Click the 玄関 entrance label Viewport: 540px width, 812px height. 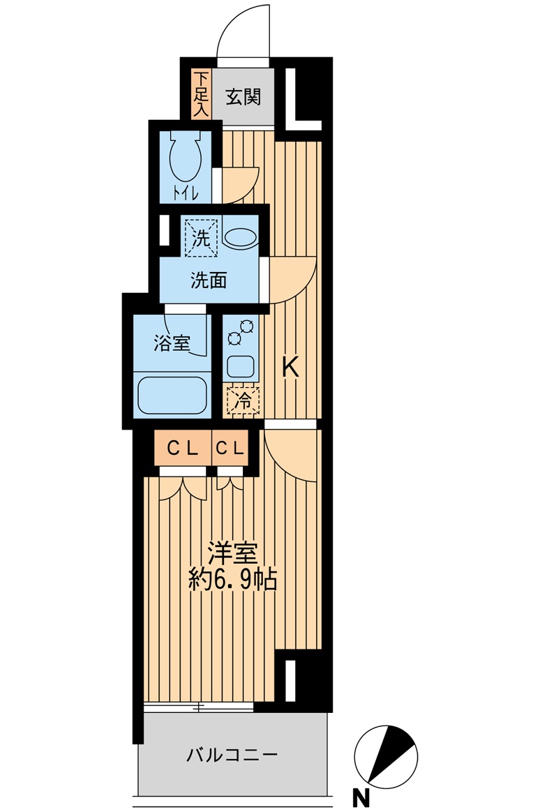pyautogui.click(x=243, y=97)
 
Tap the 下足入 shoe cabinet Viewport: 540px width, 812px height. pyautogui.click(x=201, y=93)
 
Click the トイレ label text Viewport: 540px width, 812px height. pyautogui.click(x=186, y=194)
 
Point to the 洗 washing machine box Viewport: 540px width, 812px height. pyautogui.click(x=201, y=238)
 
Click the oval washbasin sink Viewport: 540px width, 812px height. pyautogui.click(x=240, y=239)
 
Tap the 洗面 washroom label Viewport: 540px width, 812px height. pyautogui.click(x=209, y=280)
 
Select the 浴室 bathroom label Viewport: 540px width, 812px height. pyautogui.click(x=172, y=343)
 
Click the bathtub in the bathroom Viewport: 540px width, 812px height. pyautogui.click(x=172, y=395)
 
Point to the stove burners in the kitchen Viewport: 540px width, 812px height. pyautogui.click(x=240, y=332)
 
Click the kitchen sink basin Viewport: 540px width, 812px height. pyautogui.click(x=240, y=367)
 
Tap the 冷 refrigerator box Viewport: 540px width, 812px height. pyautogui.click(x=243, y=400)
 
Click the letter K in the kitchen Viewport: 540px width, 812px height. pyautogui.click(x=290, y=368)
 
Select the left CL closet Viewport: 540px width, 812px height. pyautogui.click(x=183, y=447)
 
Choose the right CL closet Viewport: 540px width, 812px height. pyautogui.click(x=230, y=447)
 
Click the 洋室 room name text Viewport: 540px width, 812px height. pyautogui.click(x=233, y=554)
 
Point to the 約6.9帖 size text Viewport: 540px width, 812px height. pyautogui.click(x=233, y=580)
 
